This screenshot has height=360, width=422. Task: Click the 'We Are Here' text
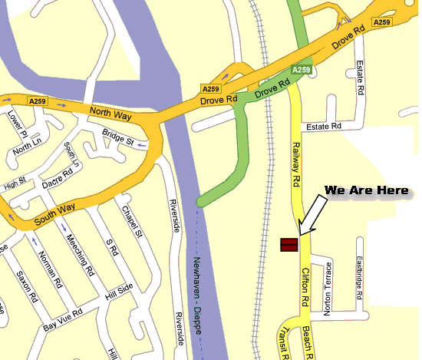tap(366, 190)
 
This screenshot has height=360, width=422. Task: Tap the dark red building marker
tap(289, 245)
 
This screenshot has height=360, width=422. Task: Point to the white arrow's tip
tap(300, 233)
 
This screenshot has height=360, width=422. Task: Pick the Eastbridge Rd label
tap(360, 278)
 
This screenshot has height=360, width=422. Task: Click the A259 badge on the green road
tap(302, 70)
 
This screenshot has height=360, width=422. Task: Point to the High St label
tap(15, 183)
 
